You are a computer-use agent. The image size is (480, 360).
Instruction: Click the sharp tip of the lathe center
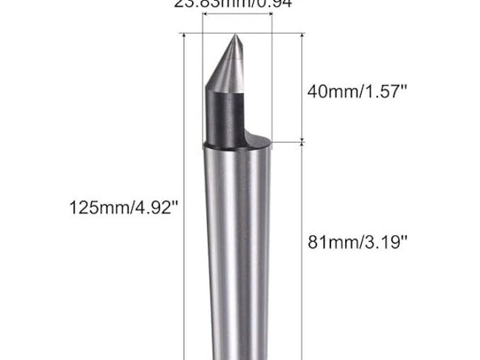tap(237, 38)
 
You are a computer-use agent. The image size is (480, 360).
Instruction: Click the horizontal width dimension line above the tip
tap(237, 32)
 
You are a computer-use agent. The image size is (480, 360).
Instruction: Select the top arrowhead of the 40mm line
tap(302, 36)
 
